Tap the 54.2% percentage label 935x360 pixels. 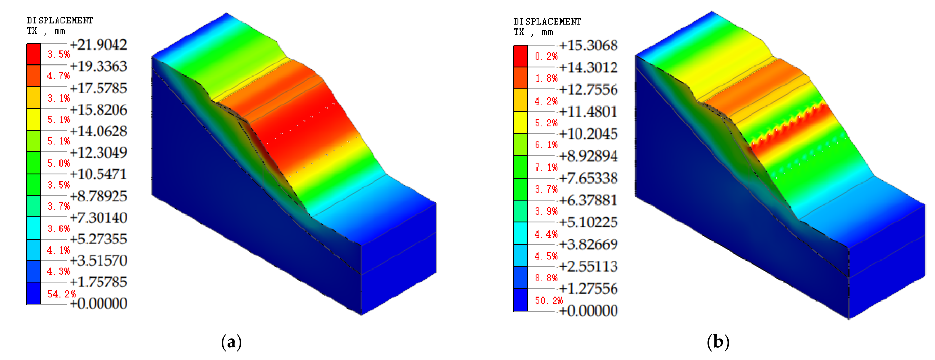click(x=62, y=294)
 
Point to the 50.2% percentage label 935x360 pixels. click(x=549, y=301)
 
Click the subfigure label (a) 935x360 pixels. click(x=231, y=342)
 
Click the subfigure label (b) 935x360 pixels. click(x=718, y=342)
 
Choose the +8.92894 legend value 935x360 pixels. click(x=588, y=156)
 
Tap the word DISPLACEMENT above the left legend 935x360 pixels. click(x=60, y=20)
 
